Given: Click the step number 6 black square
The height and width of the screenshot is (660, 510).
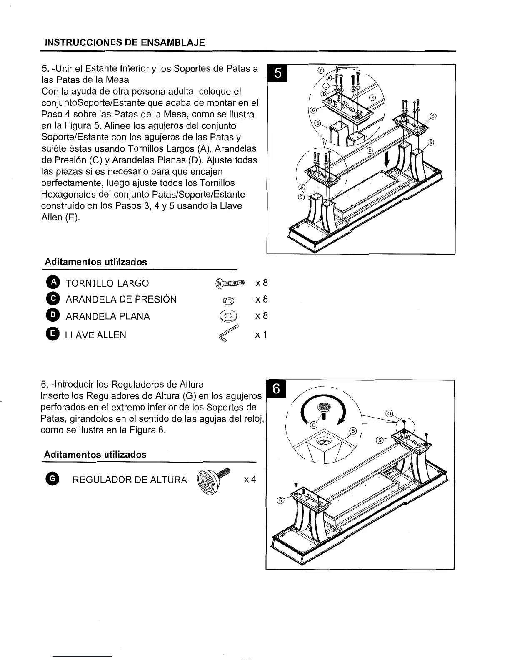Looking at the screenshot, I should (276, 389).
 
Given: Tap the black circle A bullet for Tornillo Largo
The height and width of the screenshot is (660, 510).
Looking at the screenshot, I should (53, 283).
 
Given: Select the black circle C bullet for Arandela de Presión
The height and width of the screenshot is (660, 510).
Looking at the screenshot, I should (53, 299).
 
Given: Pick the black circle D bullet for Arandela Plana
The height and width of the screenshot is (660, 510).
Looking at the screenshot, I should (53, 316).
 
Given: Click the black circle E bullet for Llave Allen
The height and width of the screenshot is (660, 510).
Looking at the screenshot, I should (53, 334).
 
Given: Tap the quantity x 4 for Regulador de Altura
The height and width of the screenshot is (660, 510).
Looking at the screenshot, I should (250, 479).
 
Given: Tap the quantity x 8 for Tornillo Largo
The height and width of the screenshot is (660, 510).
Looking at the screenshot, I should (261, 283).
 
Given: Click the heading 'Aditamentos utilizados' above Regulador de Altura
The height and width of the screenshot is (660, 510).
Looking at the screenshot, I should (95, 454).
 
